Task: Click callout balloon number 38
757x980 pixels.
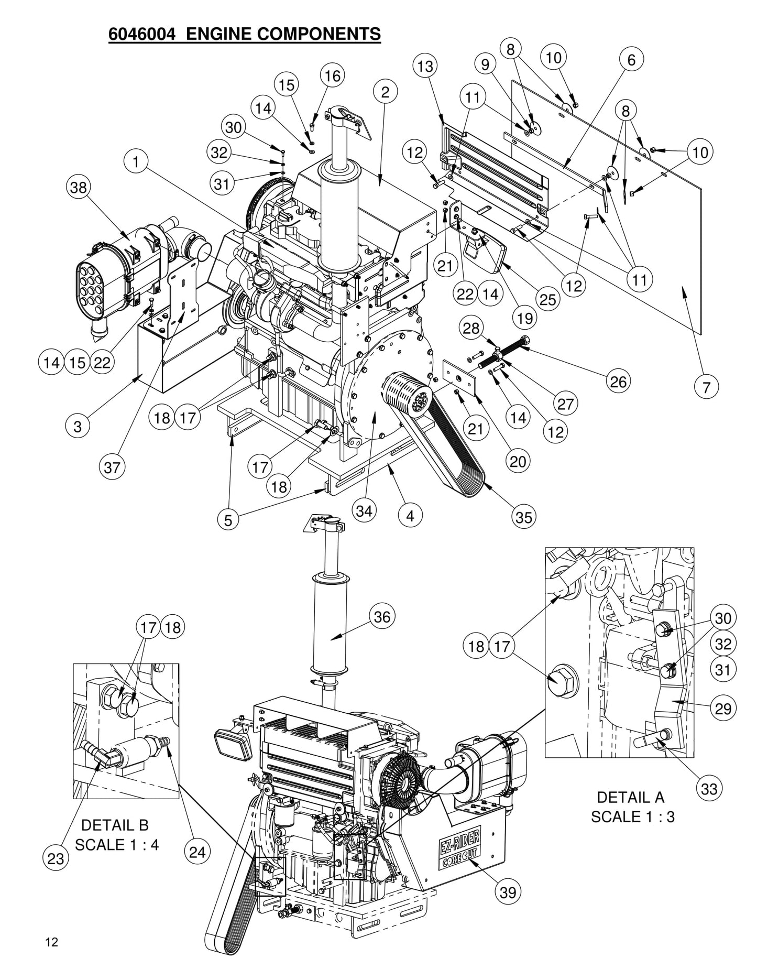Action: [x=79, y=187]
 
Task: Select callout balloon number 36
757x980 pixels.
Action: [x=382, y=617]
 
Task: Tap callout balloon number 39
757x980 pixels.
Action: [x=508, y=891]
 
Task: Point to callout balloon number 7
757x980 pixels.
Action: [x=707, y=387]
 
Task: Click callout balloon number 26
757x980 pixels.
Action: [x=618, y=381]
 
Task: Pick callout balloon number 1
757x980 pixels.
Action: [x=136, y=162]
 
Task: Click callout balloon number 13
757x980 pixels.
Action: [x=425, y=66]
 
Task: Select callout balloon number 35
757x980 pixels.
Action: [x=523, y=517]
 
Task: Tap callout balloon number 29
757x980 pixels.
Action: [x=723, y=708]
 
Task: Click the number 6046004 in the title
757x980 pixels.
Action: [x=141, y=34]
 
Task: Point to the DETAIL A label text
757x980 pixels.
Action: [x=630, y=797]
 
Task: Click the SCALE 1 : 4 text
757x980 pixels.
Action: [x=116, y=844]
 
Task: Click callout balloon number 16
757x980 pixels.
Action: [x=332, y=76]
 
